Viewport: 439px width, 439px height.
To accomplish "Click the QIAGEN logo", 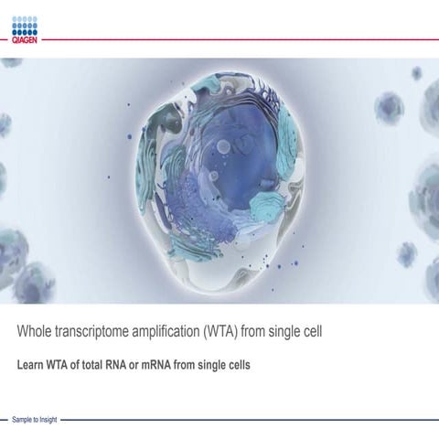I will click(x=24, y=30).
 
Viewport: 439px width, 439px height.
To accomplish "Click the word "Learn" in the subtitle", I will click(x=31, y=364).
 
